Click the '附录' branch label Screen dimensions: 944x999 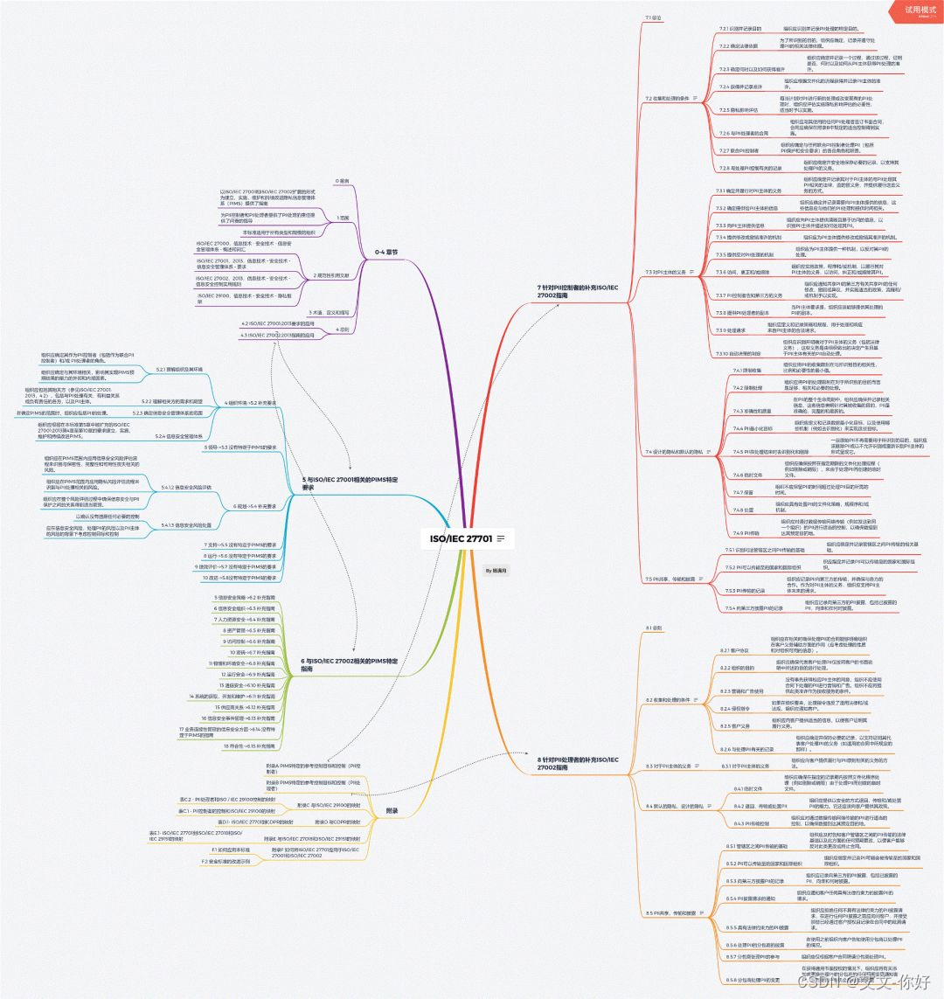click(392, 811)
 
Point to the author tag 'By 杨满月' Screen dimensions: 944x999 click(496, 570)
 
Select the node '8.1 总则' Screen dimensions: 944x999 click(654, 628)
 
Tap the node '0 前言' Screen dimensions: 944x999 click(342, 181)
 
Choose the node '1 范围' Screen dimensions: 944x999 click(343, 216)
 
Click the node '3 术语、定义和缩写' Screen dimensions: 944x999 click(328, 312)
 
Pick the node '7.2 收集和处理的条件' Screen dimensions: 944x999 click(668, 98)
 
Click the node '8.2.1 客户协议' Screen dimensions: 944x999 click(736, 651)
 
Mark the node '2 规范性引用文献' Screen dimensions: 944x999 click(330, 274)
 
